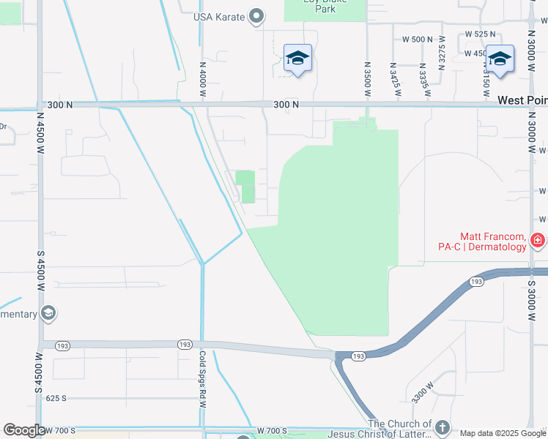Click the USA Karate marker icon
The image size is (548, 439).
click(256, 16)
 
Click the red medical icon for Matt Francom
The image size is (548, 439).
click(538, 240)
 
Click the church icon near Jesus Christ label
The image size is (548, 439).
click(442, 426)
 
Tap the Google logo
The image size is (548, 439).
click(24, 430)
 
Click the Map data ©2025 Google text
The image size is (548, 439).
click(503, 433)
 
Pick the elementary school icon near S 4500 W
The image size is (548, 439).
click(48, 314)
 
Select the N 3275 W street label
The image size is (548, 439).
click(442, 59)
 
